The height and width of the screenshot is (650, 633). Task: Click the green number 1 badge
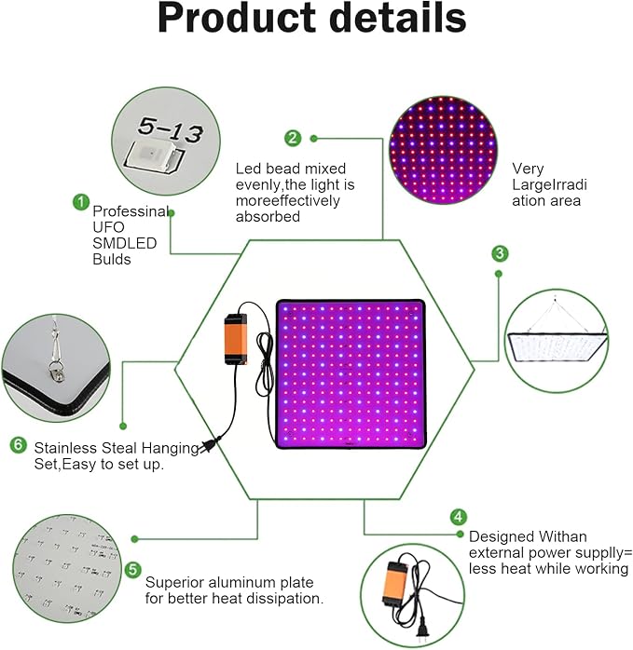click(81, 202)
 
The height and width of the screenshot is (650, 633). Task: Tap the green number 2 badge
click(293, 138)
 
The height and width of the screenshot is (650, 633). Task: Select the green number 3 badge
click(500, 253)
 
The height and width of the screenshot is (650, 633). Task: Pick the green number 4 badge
click(459, 517)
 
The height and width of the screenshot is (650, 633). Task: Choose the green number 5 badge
click(132, 570)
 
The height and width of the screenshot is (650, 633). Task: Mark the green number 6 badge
click(19, 445)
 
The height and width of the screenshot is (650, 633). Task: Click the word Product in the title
click(237, 19)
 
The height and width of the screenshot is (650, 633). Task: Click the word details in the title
click(398, 18)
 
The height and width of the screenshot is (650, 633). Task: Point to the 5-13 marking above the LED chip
click(171, 129)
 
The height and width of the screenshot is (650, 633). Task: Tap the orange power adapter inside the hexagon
click(235, 339)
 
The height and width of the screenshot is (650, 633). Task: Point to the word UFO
click(108, 227)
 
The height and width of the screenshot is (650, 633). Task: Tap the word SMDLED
click(125, 243)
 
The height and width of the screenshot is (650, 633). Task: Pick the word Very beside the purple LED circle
click(528, 169)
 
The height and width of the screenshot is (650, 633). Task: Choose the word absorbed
click(268, 217)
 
